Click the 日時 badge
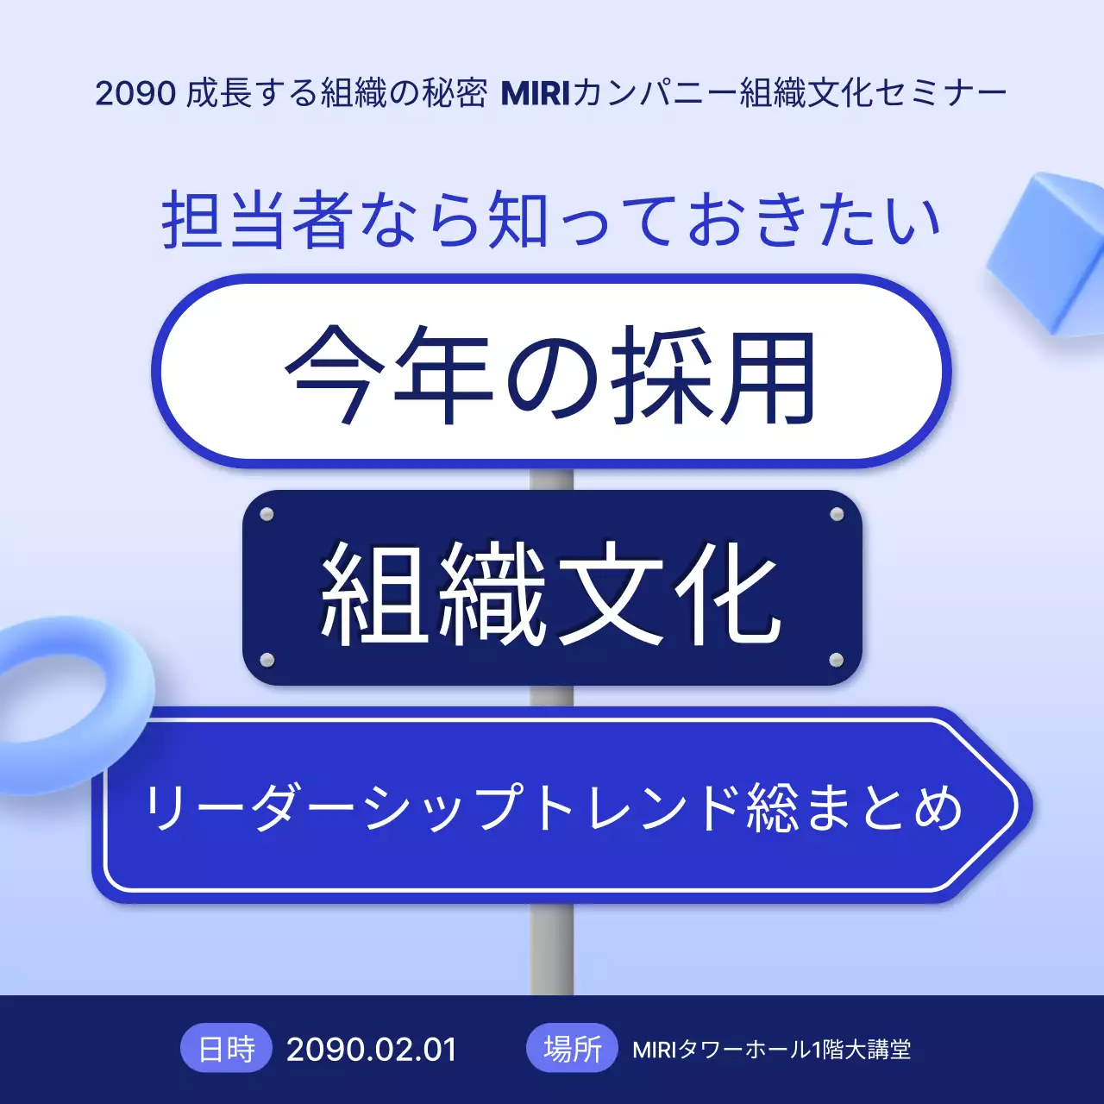[x=227, y=1049]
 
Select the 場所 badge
[x=572, y=1049]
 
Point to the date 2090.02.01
[x=371, y=1050]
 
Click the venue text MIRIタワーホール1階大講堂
[x=771, y=1050]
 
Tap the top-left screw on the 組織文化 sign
[x=267, y=515]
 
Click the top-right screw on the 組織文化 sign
[x=836, y=515]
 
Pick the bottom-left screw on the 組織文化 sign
[x=267, y=661]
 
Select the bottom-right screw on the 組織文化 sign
[x=836, y=661]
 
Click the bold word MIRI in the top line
[x=536, y=93]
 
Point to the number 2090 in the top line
[x=135, y=93]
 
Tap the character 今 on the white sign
[x=332, y=375]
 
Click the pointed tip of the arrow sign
[x=1022, y=806]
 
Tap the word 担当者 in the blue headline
[x=255, y=221]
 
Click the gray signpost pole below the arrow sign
[x=552, y=949]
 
